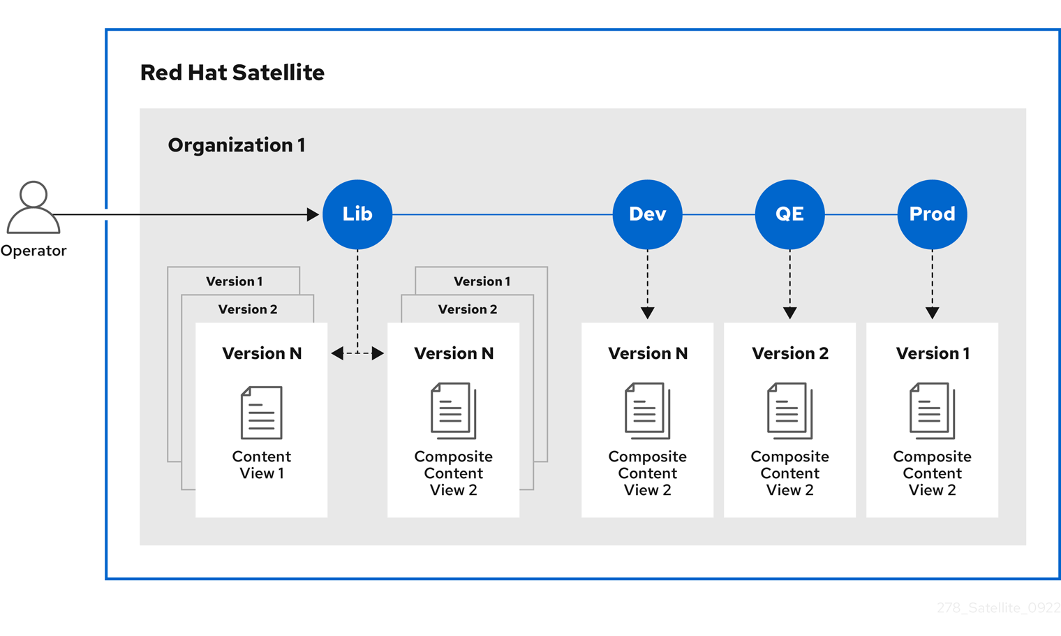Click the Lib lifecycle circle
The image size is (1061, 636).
coord(357,214)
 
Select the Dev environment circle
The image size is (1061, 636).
coord(647,214)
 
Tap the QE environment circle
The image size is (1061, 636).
coord(789,214)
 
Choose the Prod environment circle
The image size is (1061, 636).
coord(932,214)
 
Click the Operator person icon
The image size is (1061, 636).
coord(33,207)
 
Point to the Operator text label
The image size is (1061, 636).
coord(33,251)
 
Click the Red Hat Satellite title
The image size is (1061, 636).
coord(232,73)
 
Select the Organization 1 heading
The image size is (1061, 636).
coord(236,145)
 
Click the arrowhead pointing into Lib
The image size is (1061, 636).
coord(313,214)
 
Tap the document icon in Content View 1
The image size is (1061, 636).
coord(261,413)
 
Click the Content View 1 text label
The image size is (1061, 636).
coord(261,465)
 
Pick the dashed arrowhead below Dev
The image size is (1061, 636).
coord(647,313)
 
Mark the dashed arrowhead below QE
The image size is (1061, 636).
coord(789,313)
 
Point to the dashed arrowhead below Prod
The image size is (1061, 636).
coord(932,313)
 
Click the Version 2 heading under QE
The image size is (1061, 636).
coord(789,353)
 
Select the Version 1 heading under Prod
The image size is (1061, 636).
coord(932,353)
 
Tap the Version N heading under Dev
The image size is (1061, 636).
coord(647,353)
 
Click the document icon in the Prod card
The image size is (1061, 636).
coord(932,411)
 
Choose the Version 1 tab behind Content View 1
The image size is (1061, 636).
coord(234,281)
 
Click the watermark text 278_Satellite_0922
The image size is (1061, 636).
coord(998,608)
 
